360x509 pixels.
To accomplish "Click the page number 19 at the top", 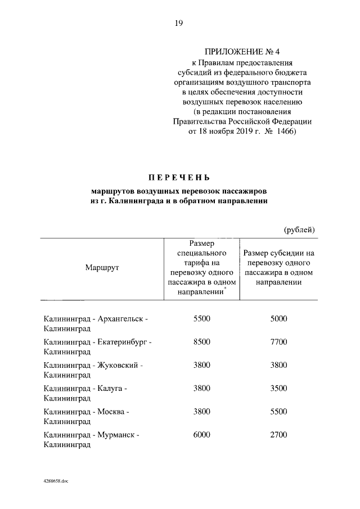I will pyautogui.click(x=178, y=23).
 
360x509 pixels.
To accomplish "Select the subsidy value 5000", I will pyautogui.click(x=278, y=319).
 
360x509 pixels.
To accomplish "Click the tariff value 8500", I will pyautogui.click(x=201, y=342).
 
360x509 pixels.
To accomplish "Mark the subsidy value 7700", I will pyautogui.click(x=278, y=342).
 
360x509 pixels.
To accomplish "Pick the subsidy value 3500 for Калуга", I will pyautogui.click(x=278, y=389).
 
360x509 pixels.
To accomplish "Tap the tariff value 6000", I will pyautogui.click(x=201, y=435).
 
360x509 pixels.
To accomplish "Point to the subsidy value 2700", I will pyautogui.click(x=278, y=435).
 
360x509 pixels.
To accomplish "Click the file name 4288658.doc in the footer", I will pyautogui.click(x=56, y=482).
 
